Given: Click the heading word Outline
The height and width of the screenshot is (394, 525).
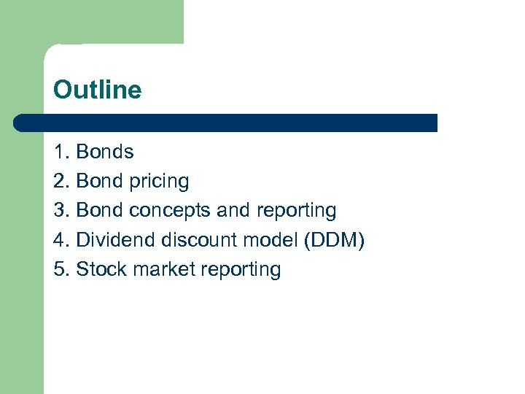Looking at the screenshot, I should click(97, 90).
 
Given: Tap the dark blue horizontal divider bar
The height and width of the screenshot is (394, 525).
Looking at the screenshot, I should click(226, 123).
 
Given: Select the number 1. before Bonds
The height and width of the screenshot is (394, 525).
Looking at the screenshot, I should click(62, 152).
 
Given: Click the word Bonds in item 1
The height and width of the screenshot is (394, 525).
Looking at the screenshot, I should click(105, 152).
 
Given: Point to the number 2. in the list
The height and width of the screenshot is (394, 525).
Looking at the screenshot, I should click(62, 181).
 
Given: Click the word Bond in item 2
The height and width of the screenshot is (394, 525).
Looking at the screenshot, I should click(100, 181).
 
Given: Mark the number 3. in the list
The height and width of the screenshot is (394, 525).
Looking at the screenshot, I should click(62, 211).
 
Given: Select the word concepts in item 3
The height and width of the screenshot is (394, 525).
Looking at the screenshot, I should click(171, 212).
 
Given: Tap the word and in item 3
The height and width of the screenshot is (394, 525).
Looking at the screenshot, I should click(233, 211).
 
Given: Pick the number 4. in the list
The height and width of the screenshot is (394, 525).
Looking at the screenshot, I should click(62, 240).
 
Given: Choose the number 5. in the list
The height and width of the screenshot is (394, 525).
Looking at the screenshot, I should click(62, 269).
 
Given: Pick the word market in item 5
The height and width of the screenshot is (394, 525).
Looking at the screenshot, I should click(160, 269).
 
